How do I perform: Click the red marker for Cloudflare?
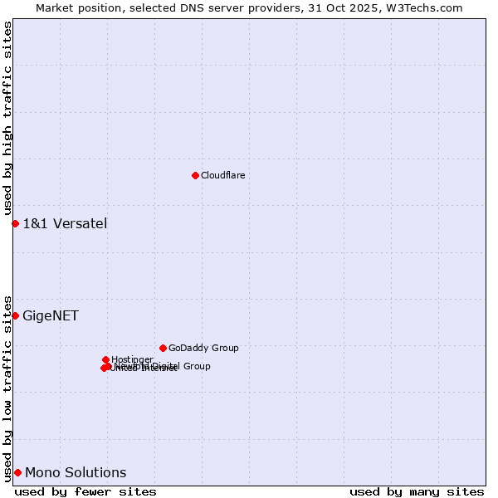pyautogui.click(x=195, y=175)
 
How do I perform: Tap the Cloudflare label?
pyautogui.click(x=222, y=175)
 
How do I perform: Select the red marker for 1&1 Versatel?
pyautogui.click(x=15, y=223)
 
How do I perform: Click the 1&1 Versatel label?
pyautogui.click(x=65, y=223)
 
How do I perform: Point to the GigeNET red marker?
pyautogui.click(x=15, y=315)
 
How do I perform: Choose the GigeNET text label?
pyautogui.click(x=51, y=315)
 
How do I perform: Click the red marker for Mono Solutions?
pyautogui.click(x=17, y=472)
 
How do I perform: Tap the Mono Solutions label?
pyautogui.click(x=76, y=472)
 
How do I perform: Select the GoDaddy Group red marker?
pyautogui.click(x=163, y=348)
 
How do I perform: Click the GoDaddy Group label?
pyautogui.click(x=203, y=348)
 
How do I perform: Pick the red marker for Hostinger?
pyautogui.click(x=105, y=359)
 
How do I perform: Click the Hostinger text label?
pyautogui.click(x=132, y=359)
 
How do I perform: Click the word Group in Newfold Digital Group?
pyautogui.click(x=197, y=366)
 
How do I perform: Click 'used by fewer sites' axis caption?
pyautogui.click(x=85, y=491)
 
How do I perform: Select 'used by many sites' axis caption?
pyautogui.click(x=417, y=491)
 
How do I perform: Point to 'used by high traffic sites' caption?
pyautogui.click(x=7, y=119)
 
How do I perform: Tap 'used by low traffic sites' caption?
pyautogui.click(x=7, y=388)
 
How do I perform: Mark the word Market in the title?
pyautogui.click(x=55, y=7)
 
